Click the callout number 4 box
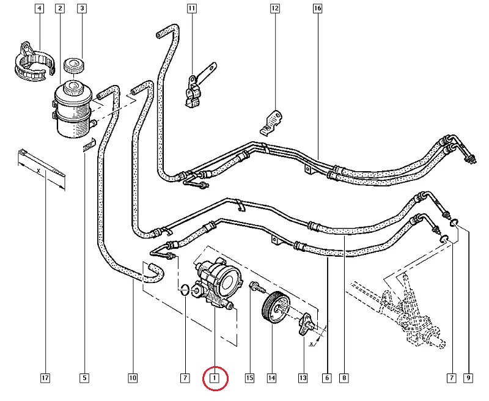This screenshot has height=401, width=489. [x=39, y=9]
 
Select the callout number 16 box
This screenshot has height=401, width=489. [x=317, y=9]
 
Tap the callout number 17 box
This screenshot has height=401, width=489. [x=45, y=378]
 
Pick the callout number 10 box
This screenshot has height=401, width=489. [x=133, y=378]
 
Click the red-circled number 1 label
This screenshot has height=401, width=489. [x=215, y=378]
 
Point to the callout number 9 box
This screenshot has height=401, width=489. [x=468, y=378]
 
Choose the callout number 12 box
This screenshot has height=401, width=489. [x=274, y=9]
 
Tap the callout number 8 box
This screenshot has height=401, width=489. [x=345, y=378]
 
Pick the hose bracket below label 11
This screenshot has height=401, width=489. [x=195, y=88]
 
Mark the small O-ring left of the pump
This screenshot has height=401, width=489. [x=184, y=289]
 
